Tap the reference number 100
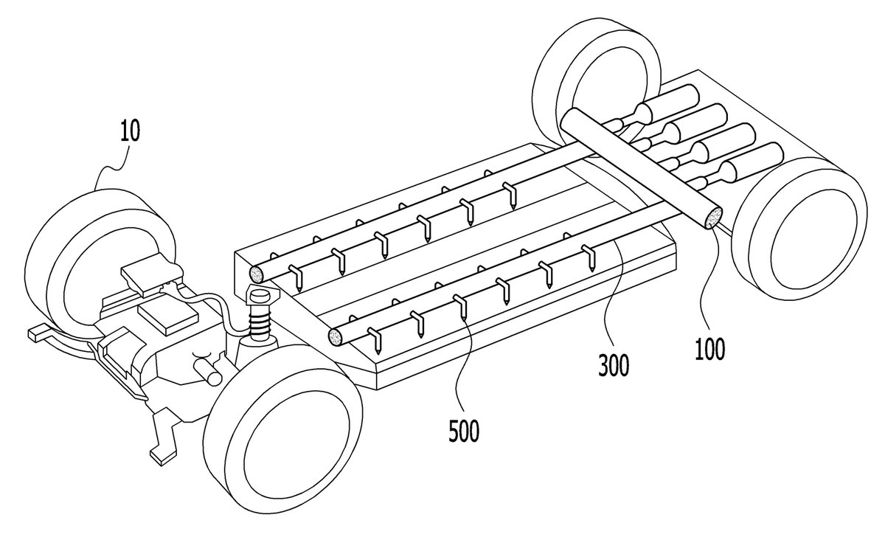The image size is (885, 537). pos(710,349)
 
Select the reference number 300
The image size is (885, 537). pos(614,366)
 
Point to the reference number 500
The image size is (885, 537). pos(464,431)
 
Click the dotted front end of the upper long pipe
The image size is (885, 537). pos(257,274)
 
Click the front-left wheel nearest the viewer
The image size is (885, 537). pos(282,428)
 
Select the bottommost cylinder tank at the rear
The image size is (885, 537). pos(749,163)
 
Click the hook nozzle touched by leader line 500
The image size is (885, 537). pos(460,306)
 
